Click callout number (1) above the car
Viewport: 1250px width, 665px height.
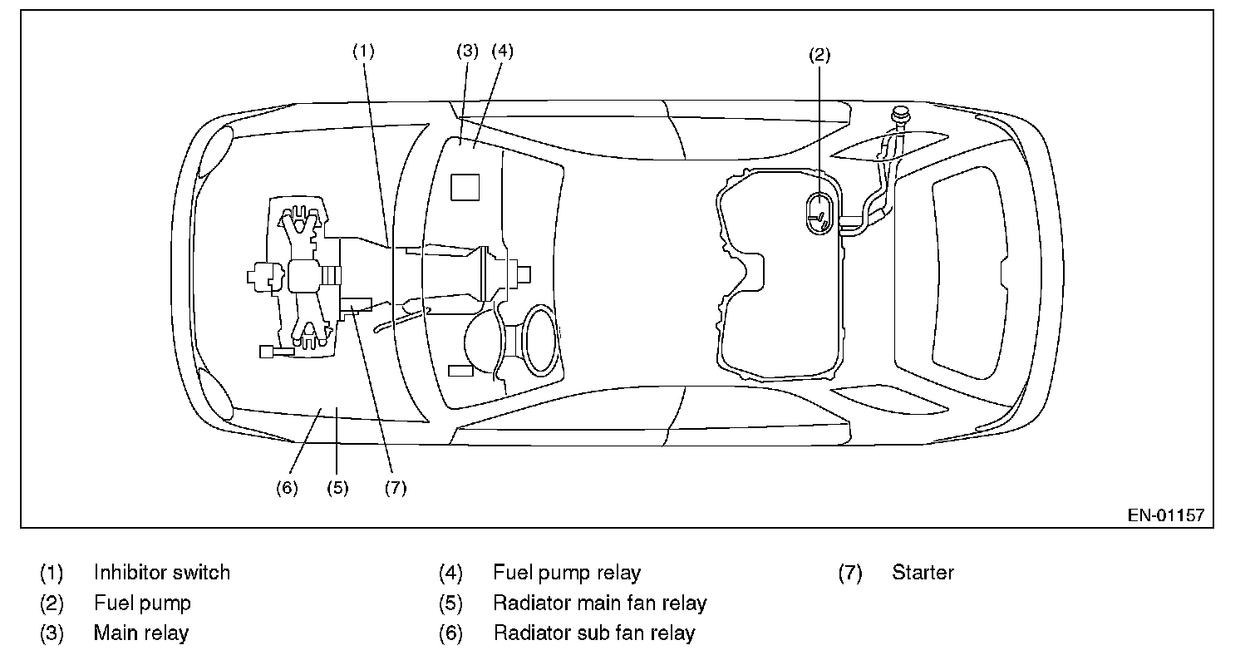pyautogui.click(x=363, y=52)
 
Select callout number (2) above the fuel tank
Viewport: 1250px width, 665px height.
pyautogui.click(x=819, y=55)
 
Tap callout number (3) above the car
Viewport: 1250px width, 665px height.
pyautogui.click(x=468, y=51)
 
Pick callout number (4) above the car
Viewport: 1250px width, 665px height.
pyautogui.click(x=502, y=51)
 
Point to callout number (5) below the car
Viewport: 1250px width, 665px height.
pyautogui.click(x=337, y=488)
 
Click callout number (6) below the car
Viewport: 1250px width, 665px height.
pyautogui.click(x=287, y=488)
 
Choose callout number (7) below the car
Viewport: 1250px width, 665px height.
pyautogui.click(x=396, y=488)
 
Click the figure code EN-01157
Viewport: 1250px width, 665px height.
pyautogui.click(x=1166, y=515)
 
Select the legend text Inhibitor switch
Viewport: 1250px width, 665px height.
pyautogui.click(x=162, y=572)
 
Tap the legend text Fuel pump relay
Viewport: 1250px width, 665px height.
pyautogui.click(x=567, y=573)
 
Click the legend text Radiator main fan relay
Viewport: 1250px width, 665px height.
pyautogui.click(x=600, y=603)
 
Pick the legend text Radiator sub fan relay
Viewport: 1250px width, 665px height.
pyautogui.click(x=594, y=633)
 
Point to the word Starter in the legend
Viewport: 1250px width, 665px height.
pyautogui.click(x=923, y=572)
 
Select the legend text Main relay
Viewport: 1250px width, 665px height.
pyautogui.click(x=141, y=633)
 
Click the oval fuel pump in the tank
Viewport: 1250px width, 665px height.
pyautogui.click(x=819, y=214)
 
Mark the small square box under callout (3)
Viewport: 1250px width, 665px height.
pyautogui.click(x=465, y=187)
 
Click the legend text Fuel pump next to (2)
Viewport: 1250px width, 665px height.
pyautogui.click(x=142, y=603)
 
